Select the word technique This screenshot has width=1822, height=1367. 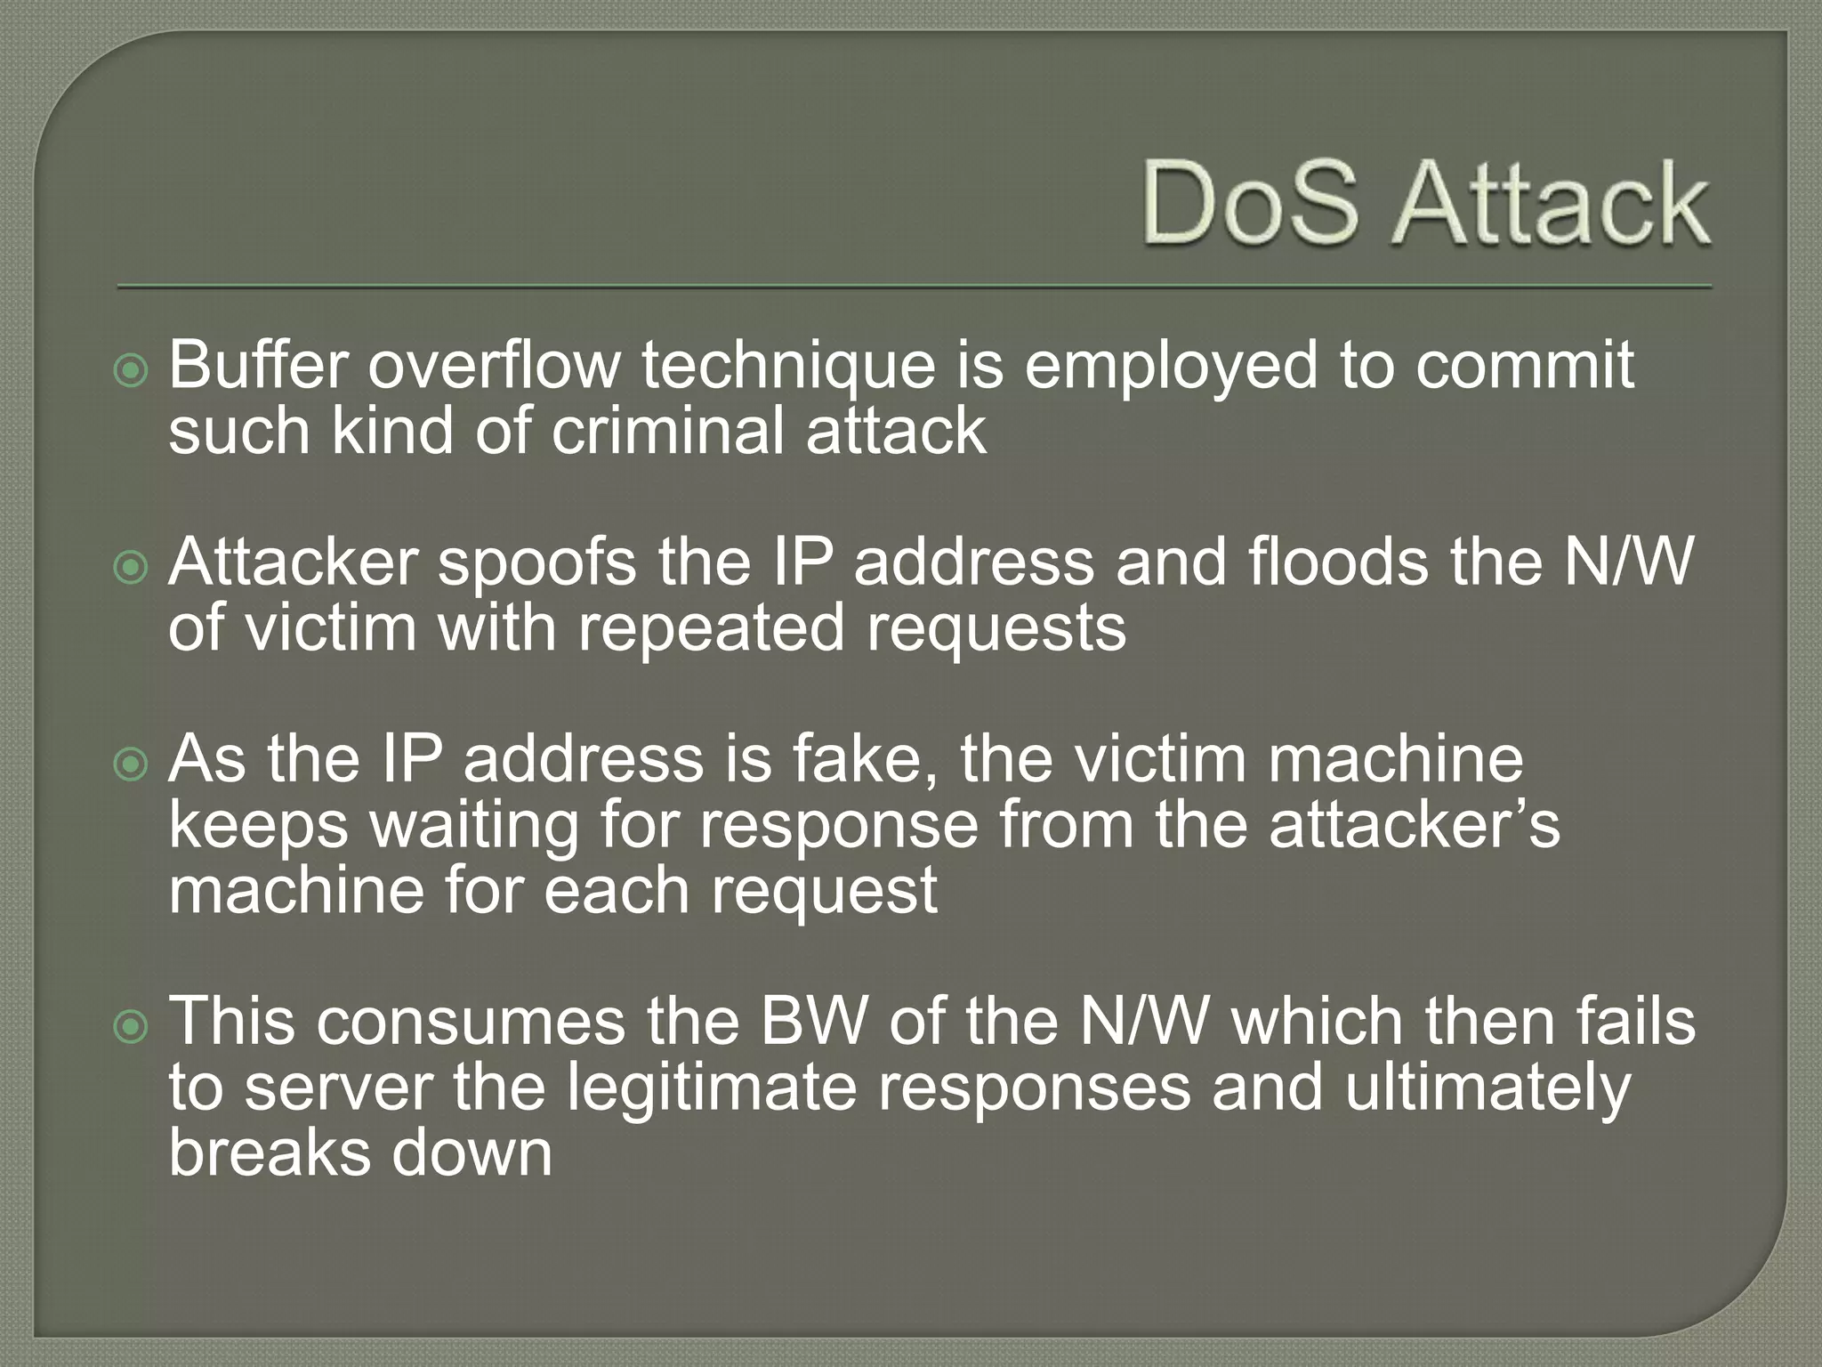788,367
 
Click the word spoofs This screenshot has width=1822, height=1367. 537,564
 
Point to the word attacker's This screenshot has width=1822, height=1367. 1415,825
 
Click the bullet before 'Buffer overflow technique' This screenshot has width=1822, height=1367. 132,371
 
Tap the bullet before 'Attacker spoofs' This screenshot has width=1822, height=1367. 132,568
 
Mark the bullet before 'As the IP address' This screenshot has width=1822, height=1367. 132,764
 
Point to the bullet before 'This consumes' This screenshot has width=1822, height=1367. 132,1027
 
